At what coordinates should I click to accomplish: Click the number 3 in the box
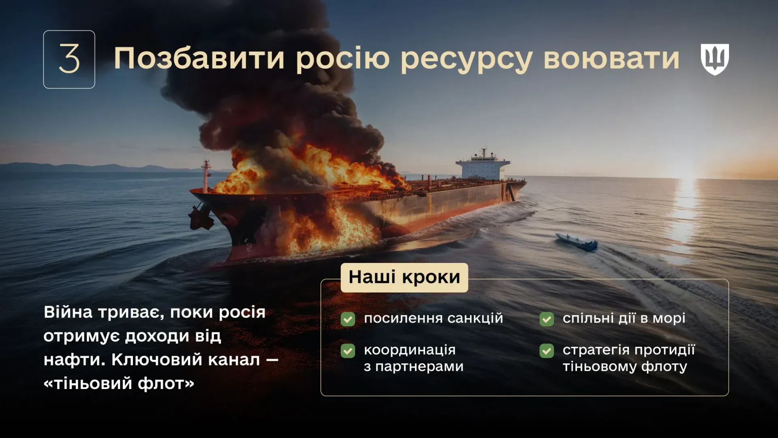tap(69, 59)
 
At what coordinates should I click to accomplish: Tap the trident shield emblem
tap(715, 59)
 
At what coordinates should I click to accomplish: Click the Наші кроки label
tap(404, 278)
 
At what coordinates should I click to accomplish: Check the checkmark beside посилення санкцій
tap(348, 319)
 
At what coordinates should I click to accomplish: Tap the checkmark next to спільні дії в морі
tap(547, 319)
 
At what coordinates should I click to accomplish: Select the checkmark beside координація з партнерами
tap(348, 351)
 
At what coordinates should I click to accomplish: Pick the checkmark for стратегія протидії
tap(547, 351)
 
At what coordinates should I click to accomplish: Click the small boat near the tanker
tap(577, 242)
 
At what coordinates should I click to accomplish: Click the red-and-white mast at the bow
tap(206, 174)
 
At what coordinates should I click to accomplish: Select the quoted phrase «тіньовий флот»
tap(119, 383)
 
